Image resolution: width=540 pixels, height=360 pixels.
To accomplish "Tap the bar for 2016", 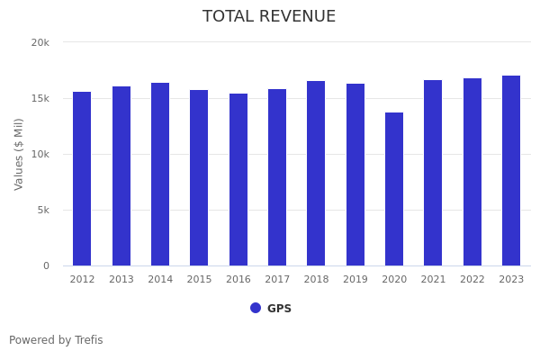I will (238, 179).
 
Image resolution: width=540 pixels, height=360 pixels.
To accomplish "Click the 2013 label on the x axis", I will (121, 280).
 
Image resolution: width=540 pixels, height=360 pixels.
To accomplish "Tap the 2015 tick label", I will (199, 280).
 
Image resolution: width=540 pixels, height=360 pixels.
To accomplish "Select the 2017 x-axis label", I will (277, 280).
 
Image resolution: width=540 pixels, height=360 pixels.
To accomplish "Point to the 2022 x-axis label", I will (472, 280).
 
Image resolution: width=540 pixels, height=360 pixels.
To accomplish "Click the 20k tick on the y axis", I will (40, 42).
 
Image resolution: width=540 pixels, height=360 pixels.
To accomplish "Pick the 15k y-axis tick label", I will (40, 98).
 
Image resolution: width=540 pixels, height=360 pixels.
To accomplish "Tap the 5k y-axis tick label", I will (43, 210).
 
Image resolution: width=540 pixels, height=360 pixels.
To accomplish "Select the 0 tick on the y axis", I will (46, 265).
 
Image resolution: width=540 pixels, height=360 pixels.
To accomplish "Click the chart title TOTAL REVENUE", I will (269, 17).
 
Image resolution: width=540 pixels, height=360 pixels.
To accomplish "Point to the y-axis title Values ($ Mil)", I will (19, 154).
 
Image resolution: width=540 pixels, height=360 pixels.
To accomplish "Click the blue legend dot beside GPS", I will (256, 308).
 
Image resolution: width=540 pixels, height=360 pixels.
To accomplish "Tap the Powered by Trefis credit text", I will (56, 340).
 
